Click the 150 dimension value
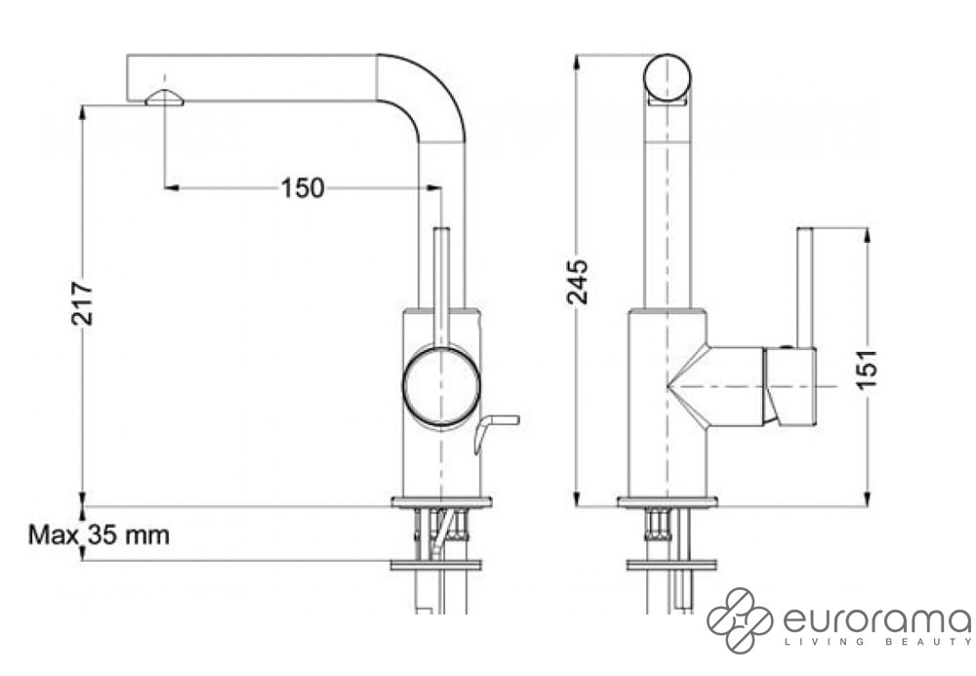click(303, 188)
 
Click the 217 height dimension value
click(82, 303)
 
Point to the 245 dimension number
click(577, 282)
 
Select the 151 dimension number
click(867, 370)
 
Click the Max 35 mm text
click(99, 535)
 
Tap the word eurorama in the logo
click(876, 620)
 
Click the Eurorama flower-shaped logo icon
click(740, 620)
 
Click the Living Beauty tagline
click(877, 642)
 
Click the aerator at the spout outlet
click(164, 99)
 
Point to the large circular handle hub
click(441, 385)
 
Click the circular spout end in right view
click(668, 78)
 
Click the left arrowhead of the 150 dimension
click(172, 187)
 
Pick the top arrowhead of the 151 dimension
click(867, 236)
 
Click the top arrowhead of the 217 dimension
click(82, 112)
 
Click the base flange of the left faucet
click(441, 501)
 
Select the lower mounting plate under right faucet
click(671, 565)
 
